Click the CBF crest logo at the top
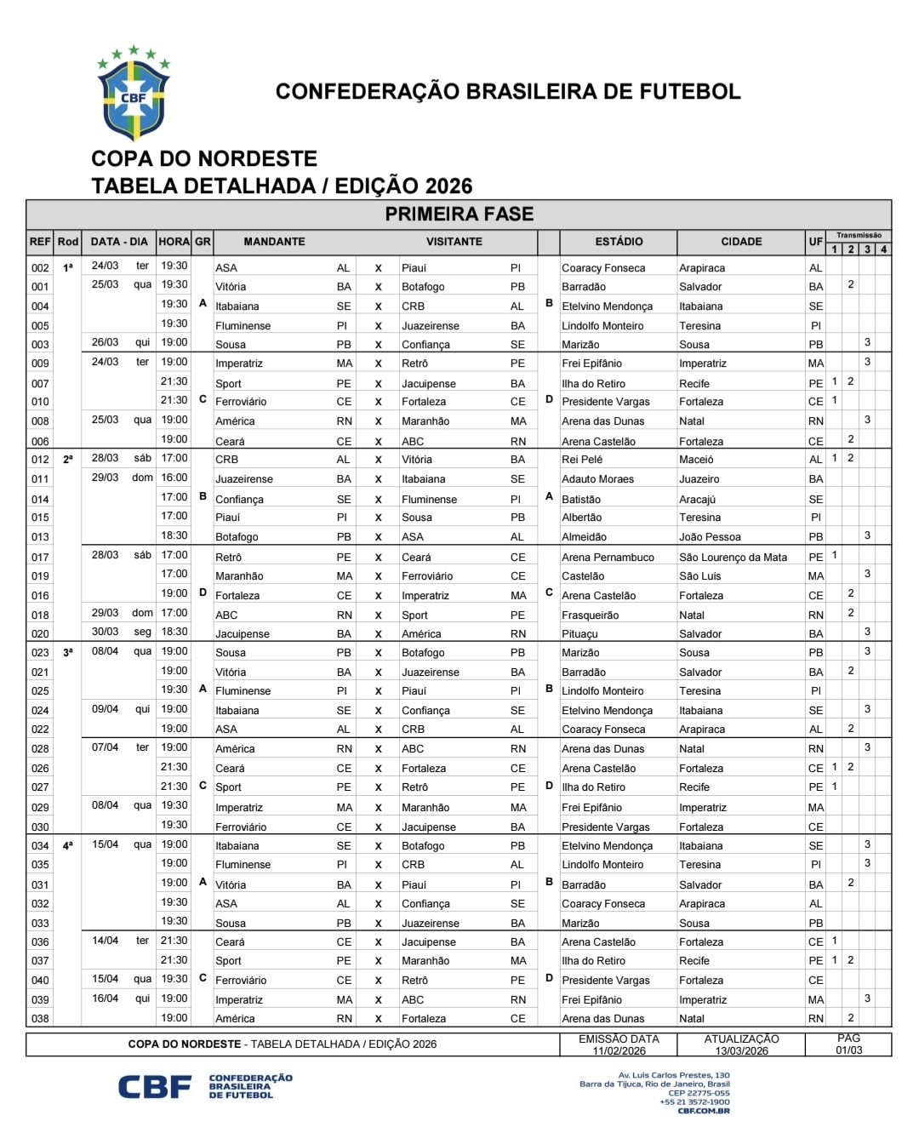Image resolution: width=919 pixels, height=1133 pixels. pyautogui.click(x=134, y=95)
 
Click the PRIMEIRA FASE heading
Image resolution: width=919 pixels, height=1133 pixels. pyautogui.click(x=459, y=215)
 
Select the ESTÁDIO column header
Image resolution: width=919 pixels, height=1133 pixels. pyautogui.click(x=619, y=242)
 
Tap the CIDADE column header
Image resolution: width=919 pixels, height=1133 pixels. pyautogui.click(x=741, y=242)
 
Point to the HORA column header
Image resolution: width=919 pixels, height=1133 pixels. pyautogui.click(x=174, y=242)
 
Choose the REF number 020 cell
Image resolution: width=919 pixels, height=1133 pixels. pyautogui.click(x=40, y=634)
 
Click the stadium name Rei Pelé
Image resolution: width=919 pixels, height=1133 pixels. pyautogui.click(x=582, y=460)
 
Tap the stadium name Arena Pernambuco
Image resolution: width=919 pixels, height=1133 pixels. pyautogui.click(x=608, y=558)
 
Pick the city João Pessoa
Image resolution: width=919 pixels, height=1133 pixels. pyautogui.click(x=710, y=537)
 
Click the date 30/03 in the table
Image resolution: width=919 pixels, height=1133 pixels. pyautogui.click(x=106, y=632)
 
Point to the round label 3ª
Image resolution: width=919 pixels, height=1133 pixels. pyautogui.click(x=68, y=652)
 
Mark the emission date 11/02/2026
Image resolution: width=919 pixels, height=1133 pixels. pyautogui.click(x=619, y=1051)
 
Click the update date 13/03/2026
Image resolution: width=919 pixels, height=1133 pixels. pyautogui.click(x=741, y=1051)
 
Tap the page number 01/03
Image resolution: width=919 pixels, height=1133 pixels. pyautogui.click(x=848, y=1050)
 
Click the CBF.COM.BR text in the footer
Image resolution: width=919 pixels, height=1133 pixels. pyautogui.click(x=704, y=1111)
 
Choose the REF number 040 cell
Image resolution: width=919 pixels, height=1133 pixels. pyautogui.click(x=40, y=981)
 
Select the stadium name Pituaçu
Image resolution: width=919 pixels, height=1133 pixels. pyautogui.click(x=579, y=634)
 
